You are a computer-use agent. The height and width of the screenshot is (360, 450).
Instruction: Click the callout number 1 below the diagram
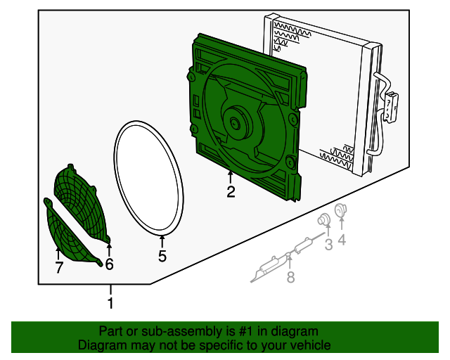(x=110, y=303)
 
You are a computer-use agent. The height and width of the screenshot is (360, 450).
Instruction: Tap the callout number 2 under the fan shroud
(x=231, y=192)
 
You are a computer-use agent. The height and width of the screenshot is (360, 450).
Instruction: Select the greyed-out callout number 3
(x=328, y=244)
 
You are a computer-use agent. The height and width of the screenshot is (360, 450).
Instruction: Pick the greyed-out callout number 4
(x=342, y=240)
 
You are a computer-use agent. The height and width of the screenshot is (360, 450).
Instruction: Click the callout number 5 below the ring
(x=162, y=256)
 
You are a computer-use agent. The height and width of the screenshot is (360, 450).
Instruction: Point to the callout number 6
(x=109, y=264)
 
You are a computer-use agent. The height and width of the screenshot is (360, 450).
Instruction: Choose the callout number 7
(x=59, y=268)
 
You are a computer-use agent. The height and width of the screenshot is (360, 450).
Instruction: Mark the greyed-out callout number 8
(x=290, y=277)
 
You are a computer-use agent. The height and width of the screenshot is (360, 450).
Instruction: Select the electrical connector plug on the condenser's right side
(x=391, y=106)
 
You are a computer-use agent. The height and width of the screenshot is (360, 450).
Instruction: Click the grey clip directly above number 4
(x=341, y=210)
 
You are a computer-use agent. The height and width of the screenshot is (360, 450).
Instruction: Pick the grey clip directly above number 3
(x=324, y=220)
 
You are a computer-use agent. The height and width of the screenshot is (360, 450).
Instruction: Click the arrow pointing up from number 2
(x=230, y=177)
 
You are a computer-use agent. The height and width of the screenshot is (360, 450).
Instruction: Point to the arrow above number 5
(x=162, y=242)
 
